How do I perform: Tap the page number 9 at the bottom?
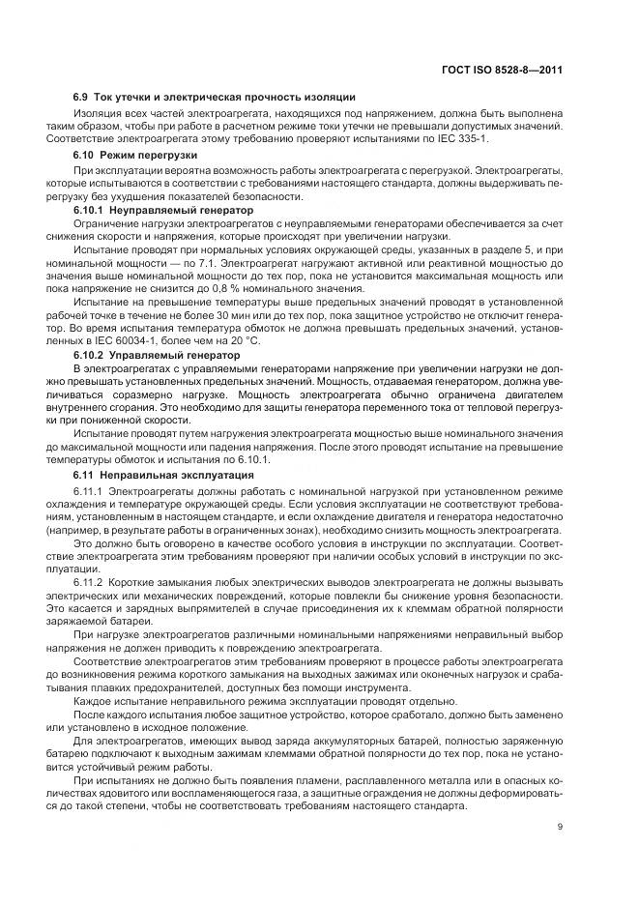click(x=561, y=825)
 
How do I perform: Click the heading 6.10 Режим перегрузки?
click(x=135, y=155)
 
